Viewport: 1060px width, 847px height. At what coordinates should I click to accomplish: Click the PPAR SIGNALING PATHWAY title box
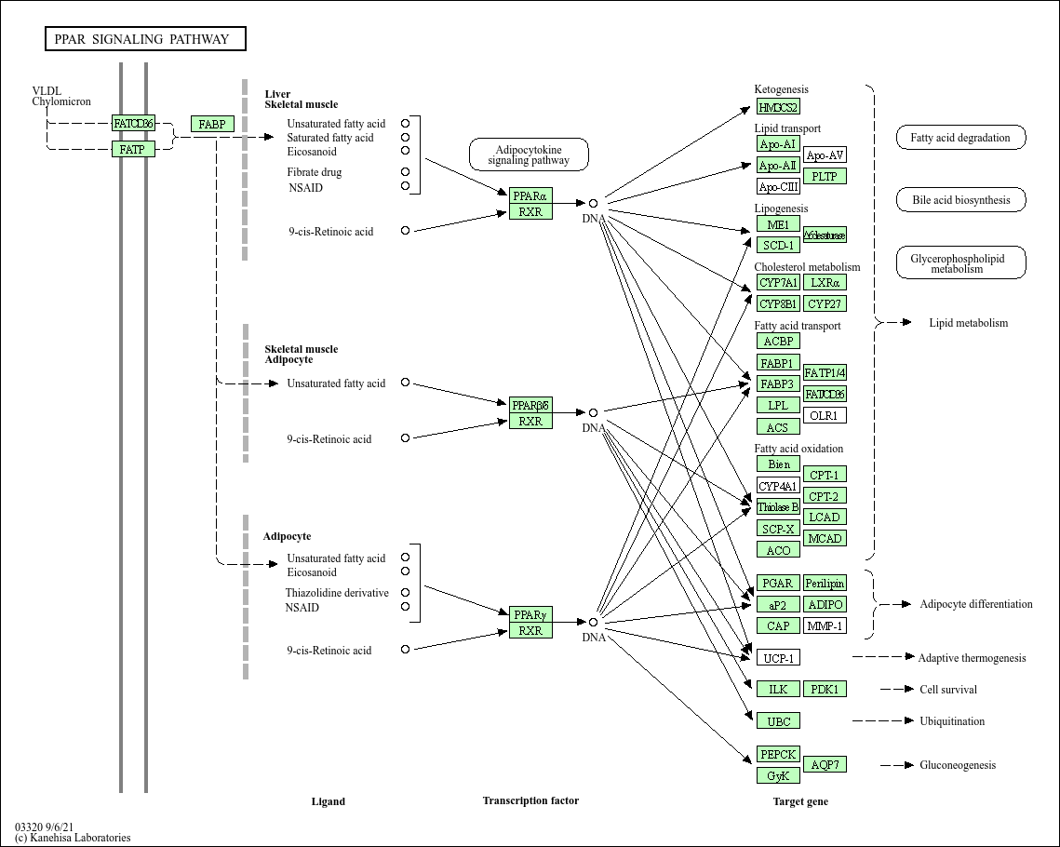[x=145, y=39]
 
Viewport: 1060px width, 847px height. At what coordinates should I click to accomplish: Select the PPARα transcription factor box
[x=530, y=195]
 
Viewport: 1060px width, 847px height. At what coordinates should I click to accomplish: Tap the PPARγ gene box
[x=530, y=614]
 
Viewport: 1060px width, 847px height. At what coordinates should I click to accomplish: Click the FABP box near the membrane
[x=212, y=124]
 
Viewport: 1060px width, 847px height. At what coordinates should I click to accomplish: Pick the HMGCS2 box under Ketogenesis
[x=778, y=107]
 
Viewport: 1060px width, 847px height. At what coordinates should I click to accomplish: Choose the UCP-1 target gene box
[x=778, y=658]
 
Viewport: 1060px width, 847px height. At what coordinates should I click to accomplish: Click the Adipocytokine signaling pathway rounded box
[x=529, y=155]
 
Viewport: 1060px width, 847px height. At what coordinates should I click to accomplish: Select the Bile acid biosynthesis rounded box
[x=960, y=200]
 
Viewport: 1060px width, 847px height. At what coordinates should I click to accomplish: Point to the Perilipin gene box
[x=825, y=583]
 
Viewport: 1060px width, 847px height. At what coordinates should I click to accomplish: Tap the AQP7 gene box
[x=825, y=764]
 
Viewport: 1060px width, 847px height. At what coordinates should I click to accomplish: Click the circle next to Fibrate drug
[x=405, y=171]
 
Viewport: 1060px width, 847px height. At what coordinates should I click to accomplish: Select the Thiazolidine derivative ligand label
[x=337, y=593]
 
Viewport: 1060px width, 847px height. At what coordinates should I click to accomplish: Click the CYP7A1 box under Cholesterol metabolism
[x=778, y=282]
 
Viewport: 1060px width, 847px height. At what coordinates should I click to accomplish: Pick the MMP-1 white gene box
[x=825, y=625]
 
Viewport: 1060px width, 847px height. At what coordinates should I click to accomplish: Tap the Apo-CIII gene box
[x=778, y=186]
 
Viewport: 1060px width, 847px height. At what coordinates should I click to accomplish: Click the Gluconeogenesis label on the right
[x=958, y=765]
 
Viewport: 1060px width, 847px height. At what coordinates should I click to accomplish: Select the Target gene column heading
[x=799, y=801]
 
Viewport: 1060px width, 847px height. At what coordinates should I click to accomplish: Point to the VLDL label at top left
[x=47, y=90]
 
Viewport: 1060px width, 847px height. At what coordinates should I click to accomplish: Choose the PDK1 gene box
[x=825, y=689]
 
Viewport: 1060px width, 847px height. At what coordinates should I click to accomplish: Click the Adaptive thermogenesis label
[x=972, y=658]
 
